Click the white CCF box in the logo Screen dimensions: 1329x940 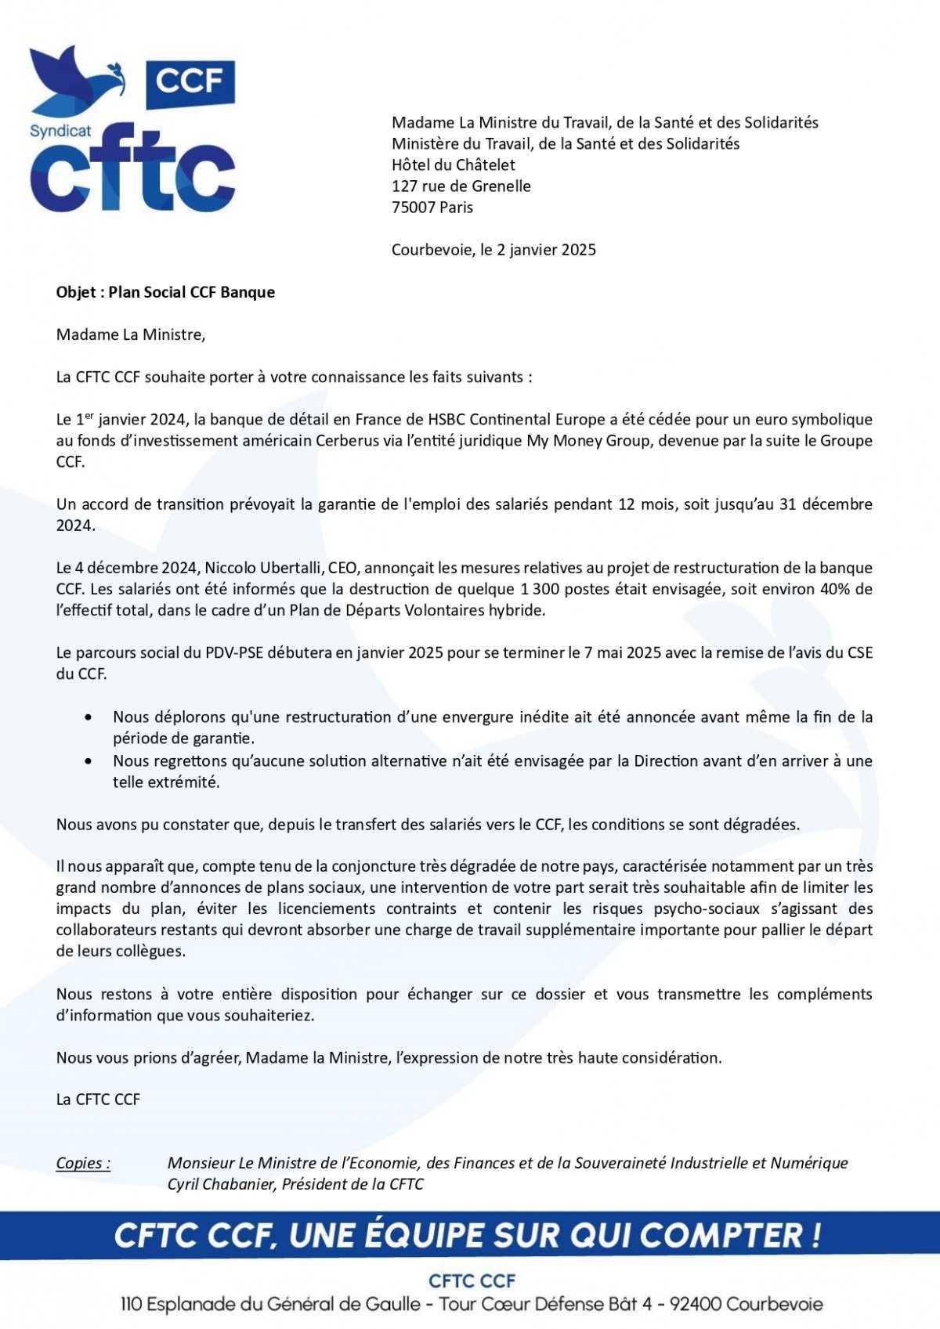point(190,80)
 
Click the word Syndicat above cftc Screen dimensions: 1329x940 point(60,131)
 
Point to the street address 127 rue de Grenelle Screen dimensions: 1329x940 point(461,186)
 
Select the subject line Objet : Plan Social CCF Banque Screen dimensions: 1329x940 point(165,292)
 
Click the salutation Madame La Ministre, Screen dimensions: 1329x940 point(130,335)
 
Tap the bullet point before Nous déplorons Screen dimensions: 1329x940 point(92,717)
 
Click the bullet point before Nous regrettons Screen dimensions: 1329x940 point(92,761)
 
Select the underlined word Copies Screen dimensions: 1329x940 point(82,1163)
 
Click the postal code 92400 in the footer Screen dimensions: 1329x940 point(692,1305)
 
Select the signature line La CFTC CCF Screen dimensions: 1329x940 point(98,1100)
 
